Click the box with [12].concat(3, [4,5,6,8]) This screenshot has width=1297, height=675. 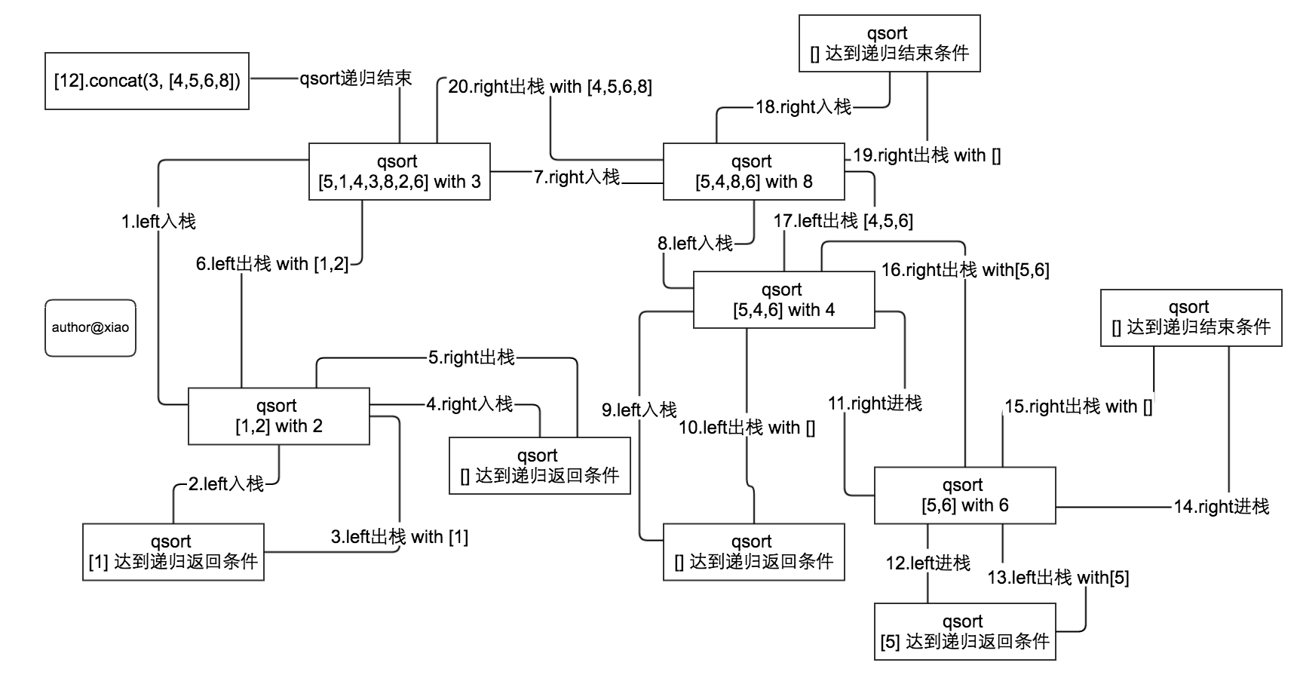click(147, 81)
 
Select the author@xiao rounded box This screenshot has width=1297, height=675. click(90, 328)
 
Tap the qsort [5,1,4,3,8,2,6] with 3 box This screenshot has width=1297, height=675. click(400, 171)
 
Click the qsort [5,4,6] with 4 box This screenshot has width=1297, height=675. click(783, 299)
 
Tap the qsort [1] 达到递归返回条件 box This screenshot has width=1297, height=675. click(173, 551)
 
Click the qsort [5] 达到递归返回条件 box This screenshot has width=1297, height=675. click(964, 631)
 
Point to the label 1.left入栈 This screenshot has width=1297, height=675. click(158, 221)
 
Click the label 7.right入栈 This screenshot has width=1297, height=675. click(577, 177)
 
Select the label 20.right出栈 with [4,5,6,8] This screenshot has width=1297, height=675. click(550, 87)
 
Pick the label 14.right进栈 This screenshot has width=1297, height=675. click(1221, 506)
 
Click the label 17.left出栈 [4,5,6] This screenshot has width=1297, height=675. click(843, 221)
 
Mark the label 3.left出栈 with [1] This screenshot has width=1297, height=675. click(399, 537)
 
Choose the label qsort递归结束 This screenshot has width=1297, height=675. click(356, 78)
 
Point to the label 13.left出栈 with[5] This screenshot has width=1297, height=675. click(1058, 578)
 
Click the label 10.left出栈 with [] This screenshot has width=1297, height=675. click(747, 428)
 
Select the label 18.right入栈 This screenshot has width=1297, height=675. click(803, 107)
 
